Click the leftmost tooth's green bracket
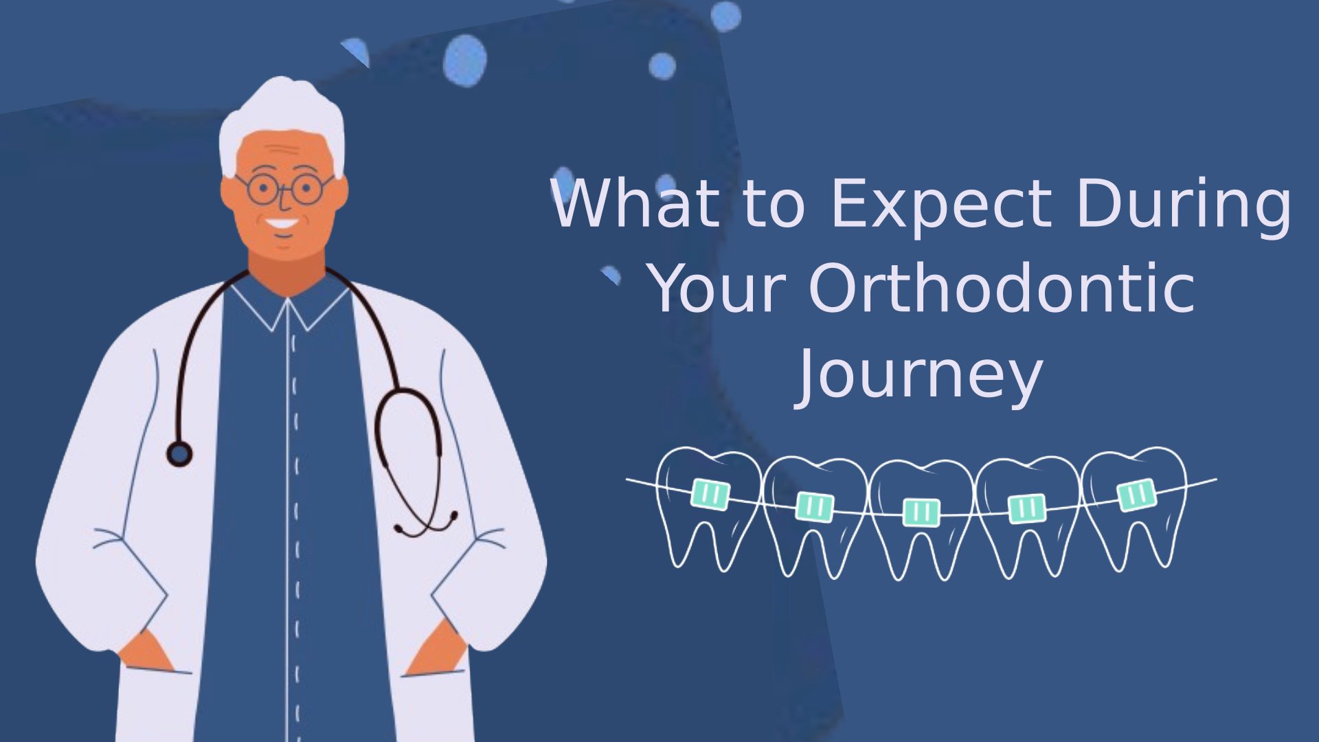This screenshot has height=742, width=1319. click(710, 495)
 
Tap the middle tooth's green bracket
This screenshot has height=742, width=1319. click(921, 512)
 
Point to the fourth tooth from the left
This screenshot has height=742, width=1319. click(1027, 515)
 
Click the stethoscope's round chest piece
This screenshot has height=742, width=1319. click(180, 453)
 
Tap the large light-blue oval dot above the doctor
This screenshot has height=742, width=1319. click(464, 60)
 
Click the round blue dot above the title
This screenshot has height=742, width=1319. click(662, 66)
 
